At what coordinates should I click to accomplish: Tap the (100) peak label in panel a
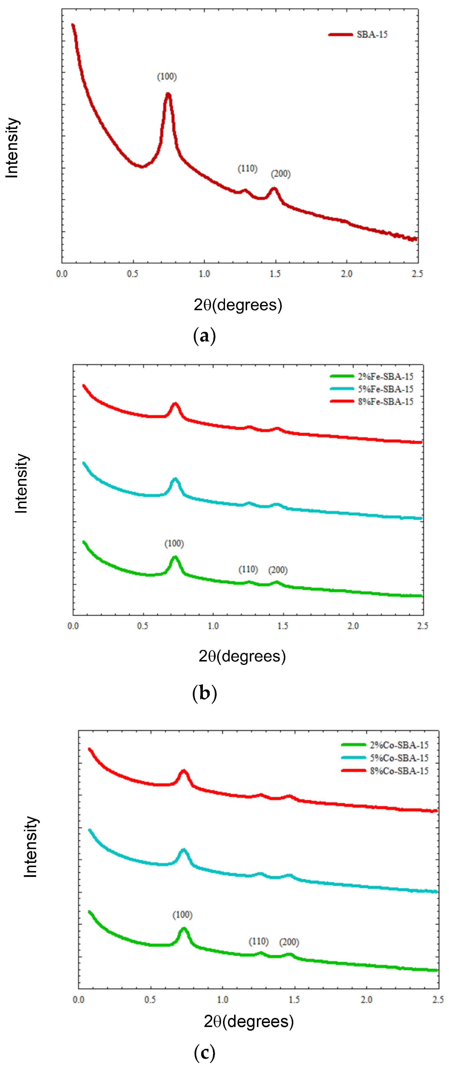pos(167,77)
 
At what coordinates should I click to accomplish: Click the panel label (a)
pos(204,336)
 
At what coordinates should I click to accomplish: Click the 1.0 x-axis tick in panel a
pos(204,274)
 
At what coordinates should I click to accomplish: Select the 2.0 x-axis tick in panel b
pos(353,626)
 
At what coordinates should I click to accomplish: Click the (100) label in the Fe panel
pos(174,544)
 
